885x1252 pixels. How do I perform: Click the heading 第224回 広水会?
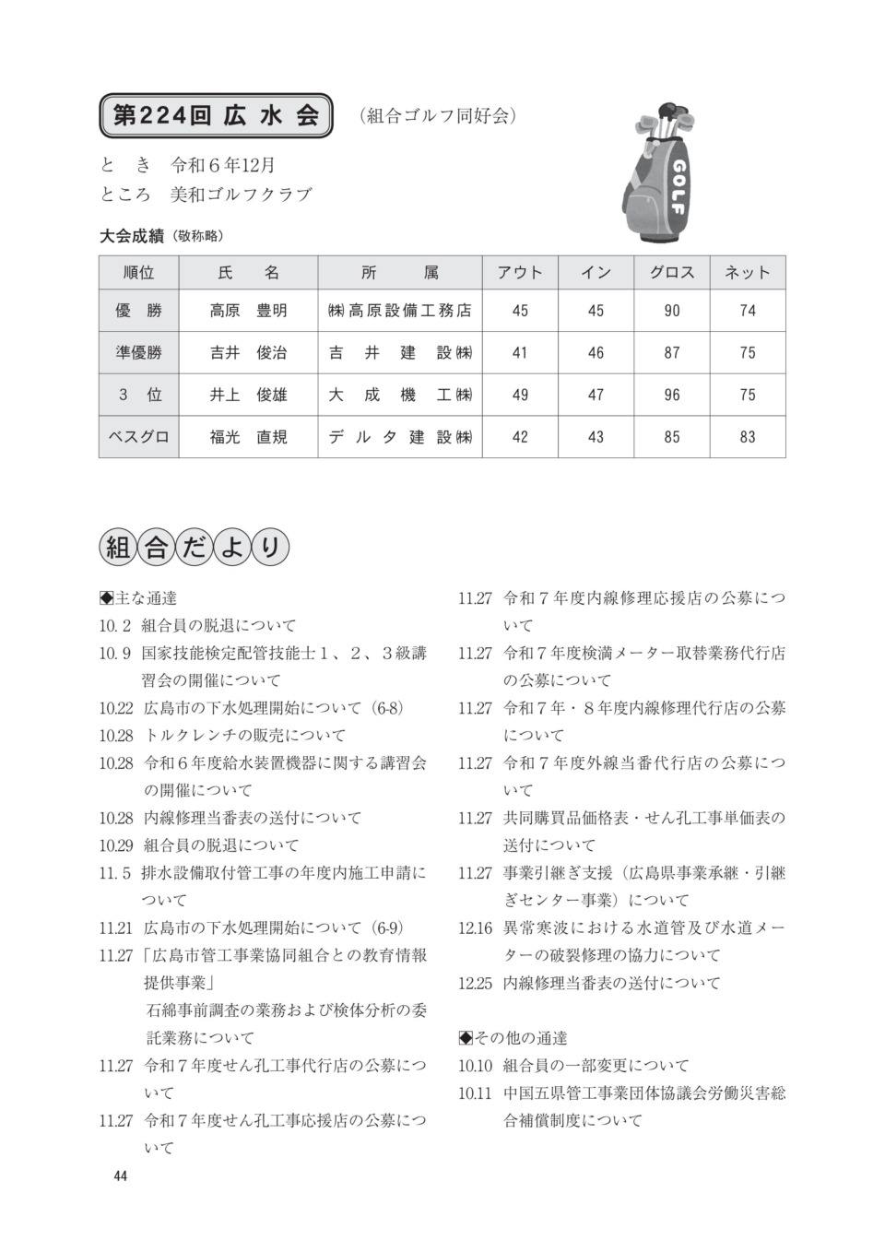tap(216, 115)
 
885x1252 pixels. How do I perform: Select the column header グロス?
tap(672, 272)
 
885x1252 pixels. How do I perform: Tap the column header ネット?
tap(748, 272)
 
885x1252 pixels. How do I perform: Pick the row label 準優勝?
tap(138, 352)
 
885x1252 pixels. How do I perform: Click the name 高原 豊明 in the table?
tap(248, 311)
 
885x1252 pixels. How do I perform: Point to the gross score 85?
tap(672, 437)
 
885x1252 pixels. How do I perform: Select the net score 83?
tap(748, 437)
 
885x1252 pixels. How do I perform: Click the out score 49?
tap(520, 395)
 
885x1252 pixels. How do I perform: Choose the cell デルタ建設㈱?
tap(400, 437)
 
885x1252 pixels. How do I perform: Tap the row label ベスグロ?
tap(138, 437)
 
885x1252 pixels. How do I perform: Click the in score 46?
tap(596, 352)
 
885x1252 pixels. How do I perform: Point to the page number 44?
tap(120, 1175)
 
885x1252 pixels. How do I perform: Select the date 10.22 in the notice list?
tap(116, 708)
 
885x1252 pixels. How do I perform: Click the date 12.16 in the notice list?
tap(476, 927)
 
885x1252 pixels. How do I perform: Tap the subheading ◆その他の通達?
tap(513, 1038)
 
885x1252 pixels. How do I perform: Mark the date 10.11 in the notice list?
tap(476, 1093)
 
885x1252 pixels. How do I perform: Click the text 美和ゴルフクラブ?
tap(241, 195)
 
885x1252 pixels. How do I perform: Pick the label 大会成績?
tap(132, 236)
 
